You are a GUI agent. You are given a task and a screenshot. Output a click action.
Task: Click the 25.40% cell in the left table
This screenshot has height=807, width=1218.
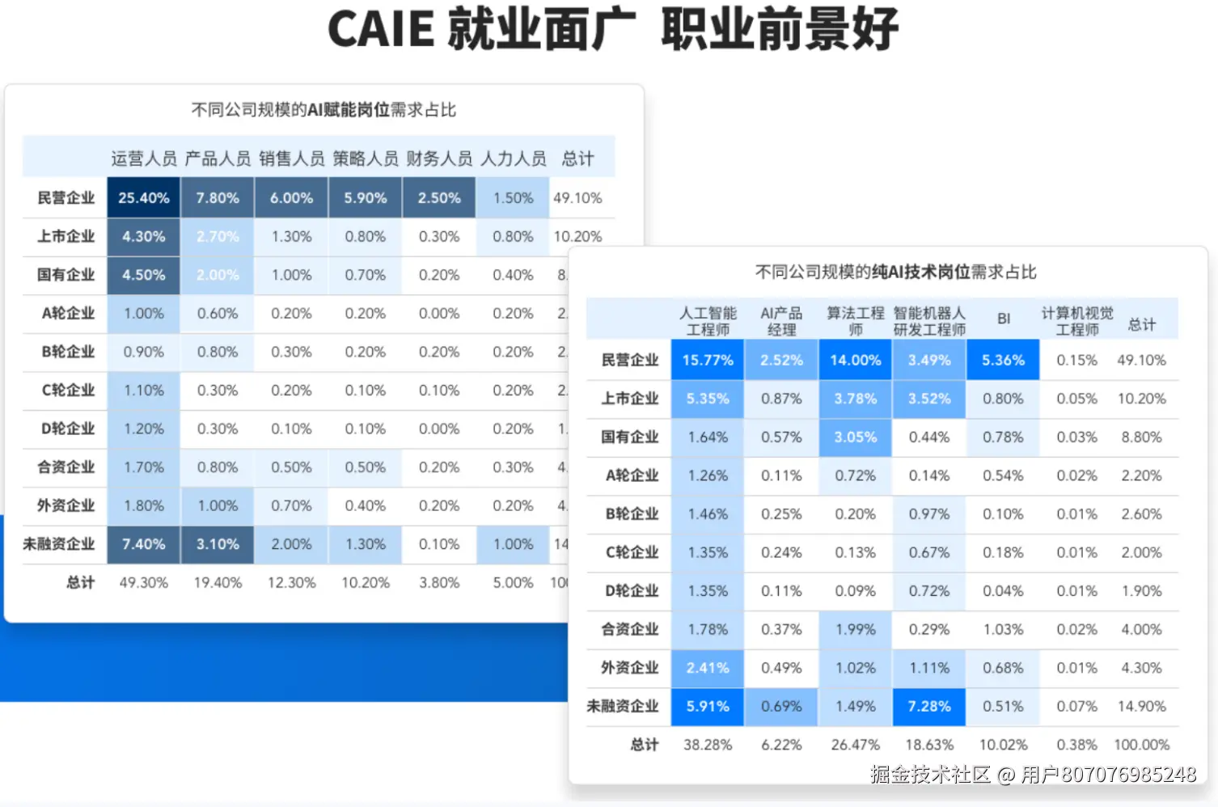point(144,198)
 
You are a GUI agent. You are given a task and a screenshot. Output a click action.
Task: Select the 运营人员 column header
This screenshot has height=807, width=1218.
point(144,158)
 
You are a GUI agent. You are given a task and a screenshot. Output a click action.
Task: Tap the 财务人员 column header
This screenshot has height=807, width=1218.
point(439,158)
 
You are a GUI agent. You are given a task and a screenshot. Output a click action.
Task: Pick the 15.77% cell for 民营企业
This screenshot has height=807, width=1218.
point(708,360)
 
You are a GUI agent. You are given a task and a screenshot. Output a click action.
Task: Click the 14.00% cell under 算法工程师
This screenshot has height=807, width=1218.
point(855,360)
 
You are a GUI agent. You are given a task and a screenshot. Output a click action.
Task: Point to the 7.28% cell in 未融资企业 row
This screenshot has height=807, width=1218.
point(929,706)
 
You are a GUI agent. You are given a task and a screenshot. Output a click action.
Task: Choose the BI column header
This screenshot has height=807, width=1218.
point(1003,319)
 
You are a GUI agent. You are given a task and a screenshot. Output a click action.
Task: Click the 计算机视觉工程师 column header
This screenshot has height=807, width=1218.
point(1077,321)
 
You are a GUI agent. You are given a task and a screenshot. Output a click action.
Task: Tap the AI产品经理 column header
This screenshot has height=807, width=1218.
point(781,321)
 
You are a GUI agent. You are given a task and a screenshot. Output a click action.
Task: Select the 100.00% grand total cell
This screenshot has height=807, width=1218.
point(1141,745)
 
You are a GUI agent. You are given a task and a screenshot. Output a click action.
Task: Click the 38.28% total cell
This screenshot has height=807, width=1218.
point(708,745)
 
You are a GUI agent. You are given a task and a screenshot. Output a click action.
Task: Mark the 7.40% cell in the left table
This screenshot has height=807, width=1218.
point(144,544)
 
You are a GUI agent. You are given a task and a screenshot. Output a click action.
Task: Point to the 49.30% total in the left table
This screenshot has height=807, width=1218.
point(144,582)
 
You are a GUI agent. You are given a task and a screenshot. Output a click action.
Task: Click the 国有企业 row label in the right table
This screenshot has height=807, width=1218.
point(629,437)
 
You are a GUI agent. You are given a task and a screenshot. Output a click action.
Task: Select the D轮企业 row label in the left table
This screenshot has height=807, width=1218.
point(68,429)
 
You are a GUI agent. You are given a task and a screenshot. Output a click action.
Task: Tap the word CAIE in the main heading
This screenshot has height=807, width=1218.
point(381,29)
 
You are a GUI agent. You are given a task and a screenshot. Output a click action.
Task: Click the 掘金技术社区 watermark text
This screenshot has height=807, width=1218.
point(930,775)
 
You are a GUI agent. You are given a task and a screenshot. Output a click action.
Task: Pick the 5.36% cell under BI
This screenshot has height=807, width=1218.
point(1003,360)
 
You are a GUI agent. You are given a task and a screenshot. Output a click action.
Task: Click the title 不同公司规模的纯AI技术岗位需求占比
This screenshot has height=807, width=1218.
point(895,272)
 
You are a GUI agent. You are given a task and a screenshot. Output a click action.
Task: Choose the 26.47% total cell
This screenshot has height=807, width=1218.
point(855,745)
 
